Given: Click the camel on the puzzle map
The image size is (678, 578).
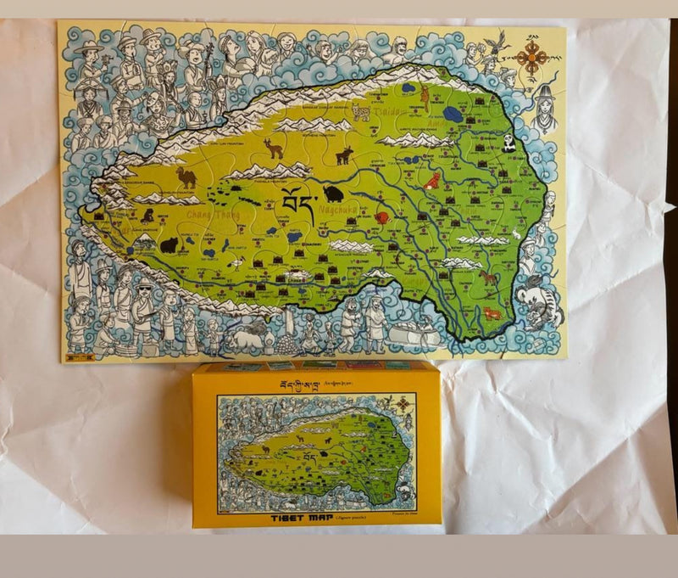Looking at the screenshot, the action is coord(186,177).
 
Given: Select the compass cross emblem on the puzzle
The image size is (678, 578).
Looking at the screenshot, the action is coord(531,57).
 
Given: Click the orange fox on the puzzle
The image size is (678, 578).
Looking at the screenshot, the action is coord(432,180).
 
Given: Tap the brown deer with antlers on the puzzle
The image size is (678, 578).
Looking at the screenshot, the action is coord(273,149).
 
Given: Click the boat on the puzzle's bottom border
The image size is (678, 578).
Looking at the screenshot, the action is coord(418,337).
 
